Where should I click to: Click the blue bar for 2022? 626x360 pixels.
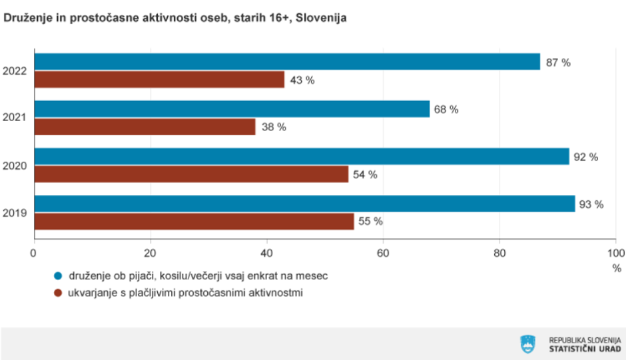287,62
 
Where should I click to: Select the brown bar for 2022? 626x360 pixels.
160,80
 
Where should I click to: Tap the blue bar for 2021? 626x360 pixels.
232,109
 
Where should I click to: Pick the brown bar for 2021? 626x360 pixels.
145,127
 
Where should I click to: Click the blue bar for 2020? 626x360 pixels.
302,156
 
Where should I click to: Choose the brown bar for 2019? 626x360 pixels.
194,222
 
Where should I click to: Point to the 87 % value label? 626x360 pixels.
558,63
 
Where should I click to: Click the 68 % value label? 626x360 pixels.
446,110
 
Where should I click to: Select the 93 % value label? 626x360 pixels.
591,204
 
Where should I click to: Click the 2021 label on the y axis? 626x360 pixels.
15,118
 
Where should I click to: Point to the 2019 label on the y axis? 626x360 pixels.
15,213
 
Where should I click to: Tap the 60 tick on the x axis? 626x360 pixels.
383,253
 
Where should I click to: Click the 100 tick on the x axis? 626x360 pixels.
616,253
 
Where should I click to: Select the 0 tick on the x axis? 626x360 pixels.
33,253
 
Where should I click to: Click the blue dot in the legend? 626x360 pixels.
58,275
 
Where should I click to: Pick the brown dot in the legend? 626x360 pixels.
58,293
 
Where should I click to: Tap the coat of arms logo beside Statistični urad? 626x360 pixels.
527,343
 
